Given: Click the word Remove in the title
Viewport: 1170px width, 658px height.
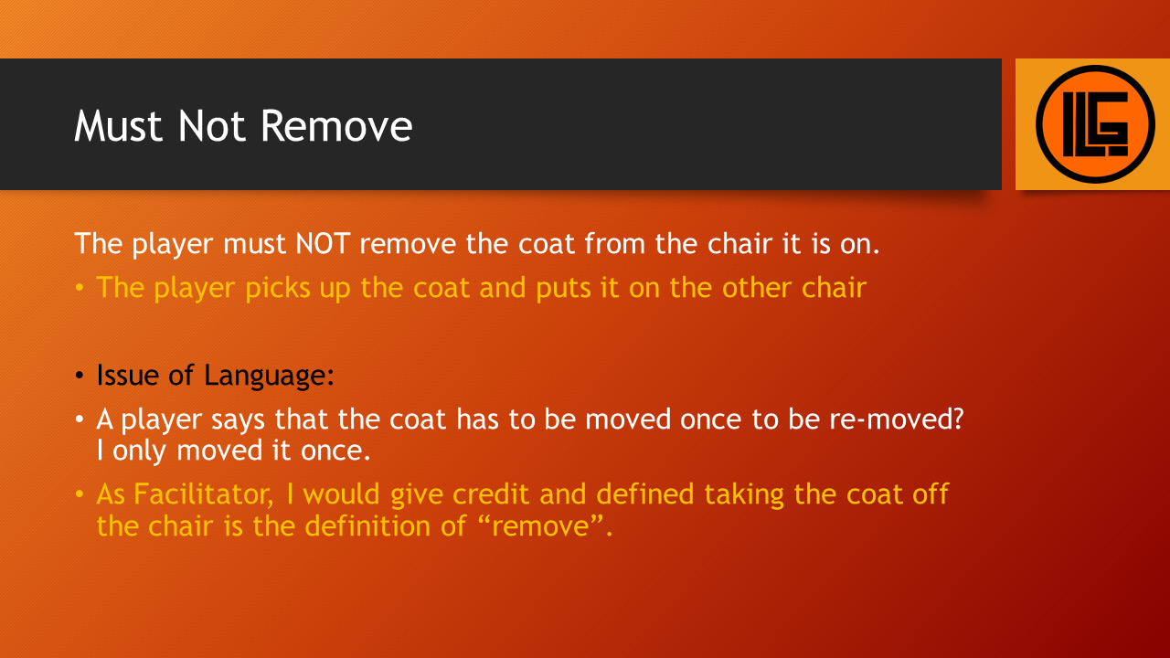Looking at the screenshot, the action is click(337, 126).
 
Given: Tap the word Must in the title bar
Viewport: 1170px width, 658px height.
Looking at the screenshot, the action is click(118, 126).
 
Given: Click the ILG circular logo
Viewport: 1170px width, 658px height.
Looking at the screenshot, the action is click(1095, 124).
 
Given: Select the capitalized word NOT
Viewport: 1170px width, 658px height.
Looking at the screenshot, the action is click(323, 244).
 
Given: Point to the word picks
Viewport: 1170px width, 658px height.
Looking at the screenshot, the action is click(277, 288).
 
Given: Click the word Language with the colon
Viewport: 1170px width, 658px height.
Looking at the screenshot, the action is click(269, 377).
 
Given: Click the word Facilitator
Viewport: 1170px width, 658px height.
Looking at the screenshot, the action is click(204, 494).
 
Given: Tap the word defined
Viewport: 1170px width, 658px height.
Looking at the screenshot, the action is click(645, 494).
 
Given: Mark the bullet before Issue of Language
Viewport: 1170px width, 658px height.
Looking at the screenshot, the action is click(80, 376).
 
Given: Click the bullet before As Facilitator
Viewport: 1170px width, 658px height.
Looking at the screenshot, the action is click(80, 494).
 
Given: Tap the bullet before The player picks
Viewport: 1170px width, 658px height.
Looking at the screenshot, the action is click(80, 288).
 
